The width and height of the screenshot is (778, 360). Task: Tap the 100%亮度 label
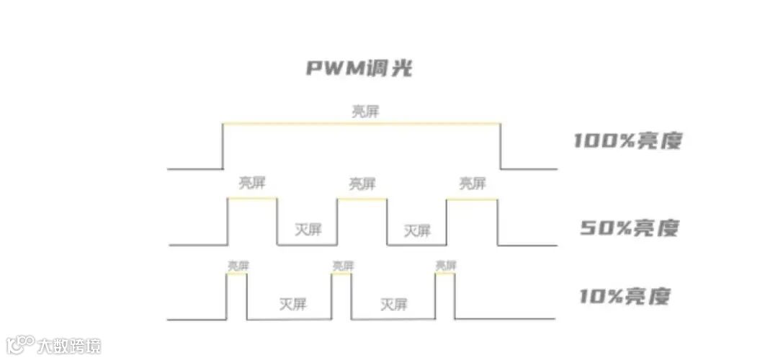point(627,141)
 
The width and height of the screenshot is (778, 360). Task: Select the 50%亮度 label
point(629,228)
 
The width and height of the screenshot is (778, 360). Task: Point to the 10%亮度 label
point(625,296)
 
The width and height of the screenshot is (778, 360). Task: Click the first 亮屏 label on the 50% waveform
point(252,183)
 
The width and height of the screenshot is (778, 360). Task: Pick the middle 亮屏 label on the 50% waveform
point(362,184)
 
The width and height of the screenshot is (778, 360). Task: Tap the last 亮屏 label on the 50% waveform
point(472,183)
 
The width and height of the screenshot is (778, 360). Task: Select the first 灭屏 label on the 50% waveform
point(308,230)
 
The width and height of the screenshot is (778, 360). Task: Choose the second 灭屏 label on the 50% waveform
point(417,230)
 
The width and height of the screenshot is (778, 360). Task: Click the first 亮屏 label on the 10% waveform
point(238,266)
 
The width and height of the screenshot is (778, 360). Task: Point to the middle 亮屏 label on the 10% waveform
point(343,266)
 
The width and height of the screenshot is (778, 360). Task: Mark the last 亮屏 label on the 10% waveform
point(446,266)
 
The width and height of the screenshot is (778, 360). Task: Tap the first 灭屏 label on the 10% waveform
point(292,304)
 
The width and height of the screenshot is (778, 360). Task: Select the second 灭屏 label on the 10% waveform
point(394,305)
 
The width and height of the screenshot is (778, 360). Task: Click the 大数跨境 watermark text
point(69,345)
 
